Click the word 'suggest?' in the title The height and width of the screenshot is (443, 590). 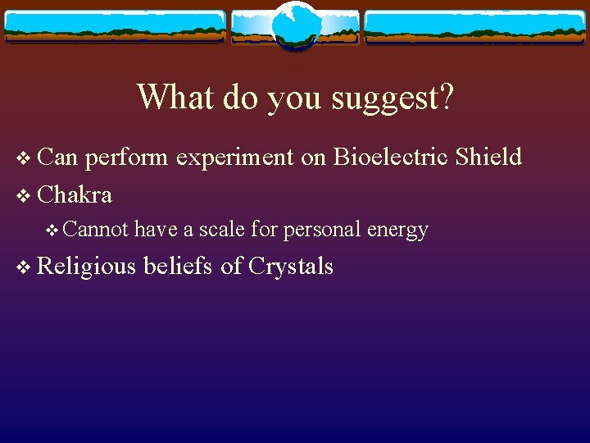click(392, 98)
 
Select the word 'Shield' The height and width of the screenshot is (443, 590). click(488, 157)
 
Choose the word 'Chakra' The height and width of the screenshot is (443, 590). click(75, 194)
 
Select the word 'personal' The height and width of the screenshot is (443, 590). click(321, 231)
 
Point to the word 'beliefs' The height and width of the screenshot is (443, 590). click(179, 266)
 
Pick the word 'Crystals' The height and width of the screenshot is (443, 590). click(290, 267)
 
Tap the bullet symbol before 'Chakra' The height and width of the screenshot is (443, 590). click(22, 195)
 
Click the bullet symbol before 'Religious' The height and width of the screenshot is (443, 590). click(22, 267)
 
